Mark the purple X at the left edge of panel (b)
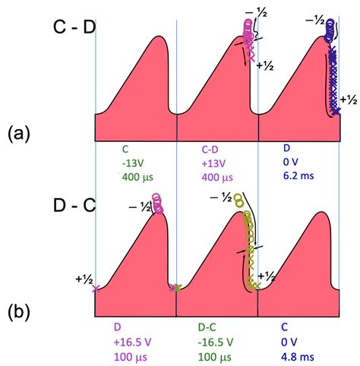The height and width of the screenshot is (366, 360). [x=95, y=289]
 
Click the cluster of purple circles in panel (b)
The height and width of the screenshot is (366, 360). [x=158, y=204]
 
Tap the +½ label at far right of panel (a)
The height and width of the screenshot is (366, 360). [x=349, y=99]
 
